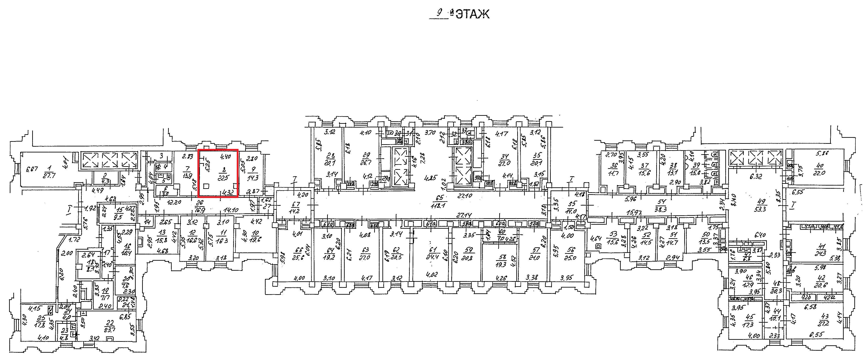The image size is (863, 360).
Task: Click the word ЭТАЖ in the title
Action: click(x=472, y=14)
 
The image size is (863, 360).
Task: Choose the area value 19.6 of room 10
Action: click(x=256, y=239)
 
